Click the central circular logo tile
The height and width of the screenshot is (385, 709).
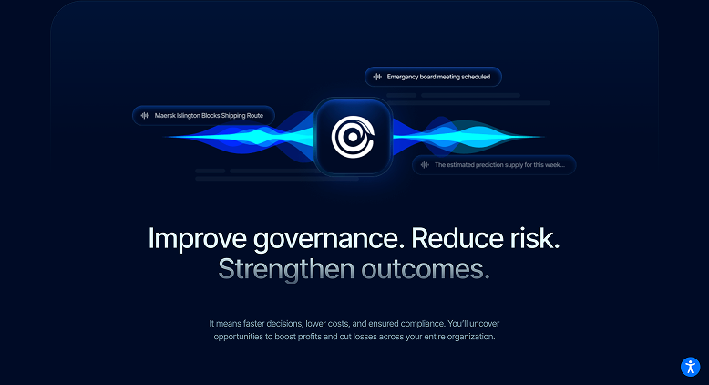(x=354, y=137)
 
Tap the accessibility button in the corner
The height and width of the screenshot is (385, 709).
(x=690, y=367)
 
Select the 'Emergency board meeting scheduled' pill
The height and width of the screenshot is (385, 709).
(x=433, y=78)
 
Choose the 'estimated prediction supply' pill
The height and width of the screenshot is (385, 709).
(x=494, y=165)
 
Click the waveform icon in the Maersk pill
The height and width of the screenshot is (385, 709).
(x=145, y=116)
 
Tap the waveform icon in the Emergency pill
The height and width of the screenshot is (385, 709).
(x=376, y=78)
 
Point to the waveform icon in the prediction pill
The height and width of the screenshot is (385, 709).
(x=425, y=165)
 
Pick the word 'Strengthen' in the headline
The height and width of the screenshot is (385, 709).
(x=283, y=270)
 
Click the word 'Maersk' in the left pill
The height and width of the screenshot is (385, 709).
(x=168, y=116)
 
